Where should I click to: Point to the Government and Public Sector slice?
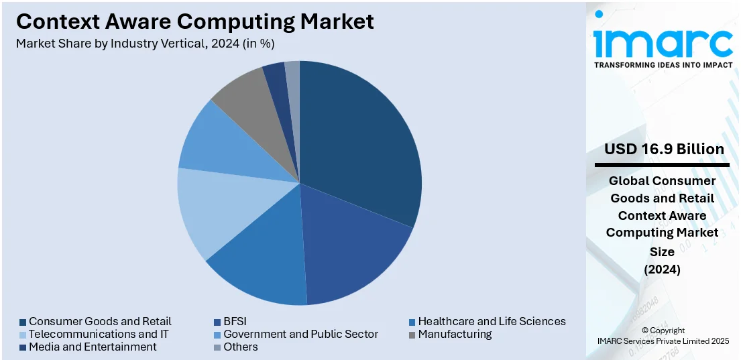(x=225, y=147)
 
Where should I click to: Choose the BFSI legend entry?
(x=235, y=321)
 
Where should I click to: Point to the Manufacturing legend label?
(x=455, y=334)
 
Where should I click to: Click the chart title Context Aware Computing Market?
(x=195, y=21)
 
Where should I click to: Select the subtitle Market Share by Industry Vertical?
(x=146, y=44)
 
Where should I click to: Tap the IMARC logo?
(x=663, y=43)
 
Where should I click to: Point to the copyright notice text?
(x=663, y=336)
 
